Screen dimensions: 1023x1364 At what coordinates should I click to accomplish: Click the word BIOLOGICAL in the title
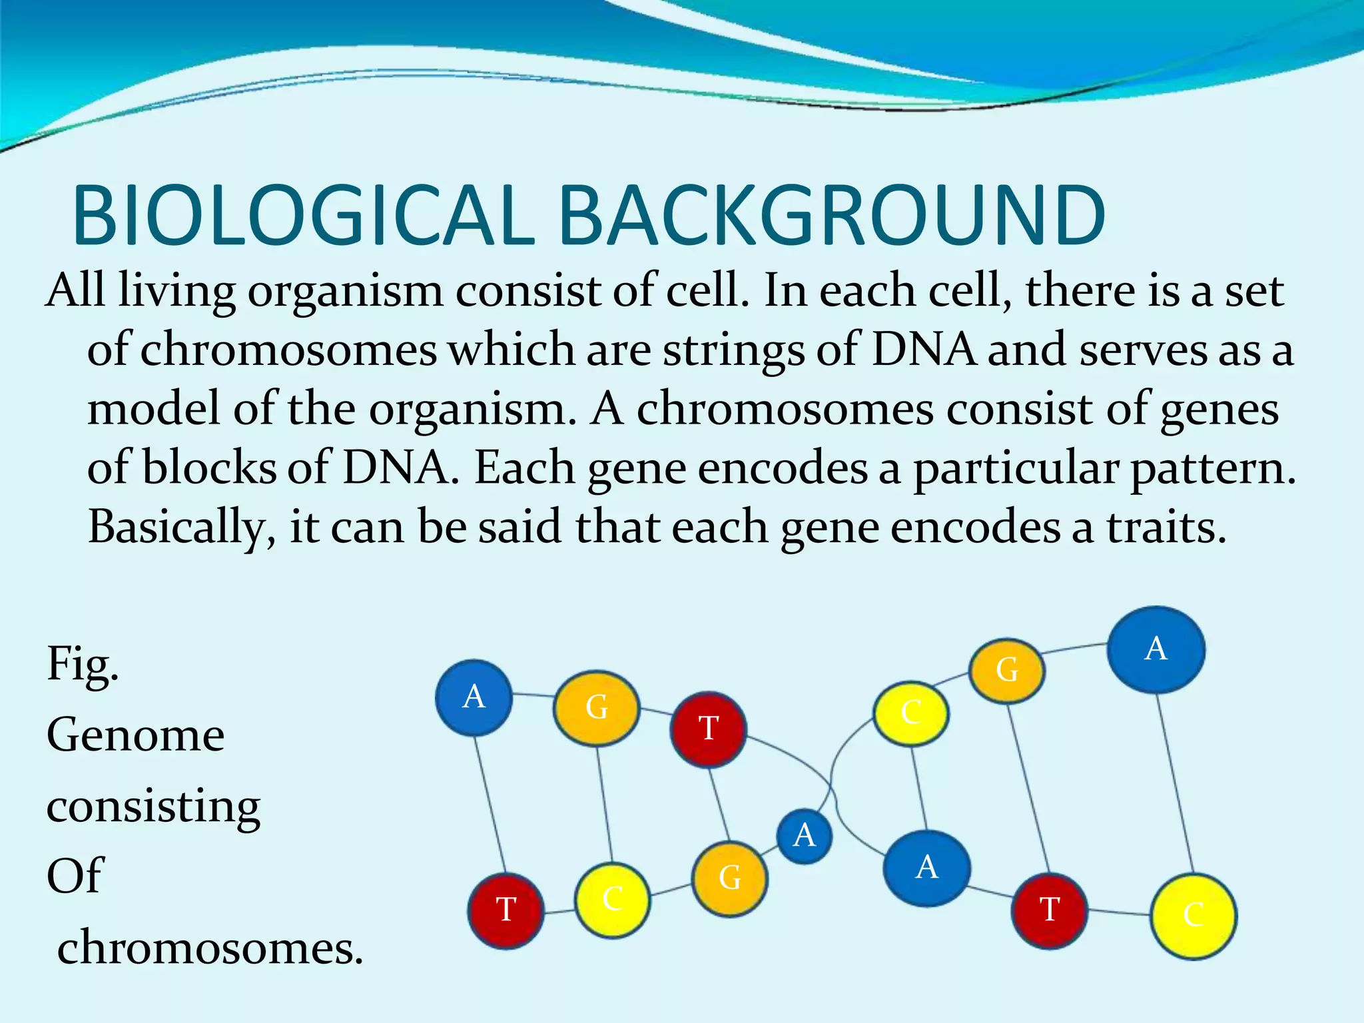(303, 214)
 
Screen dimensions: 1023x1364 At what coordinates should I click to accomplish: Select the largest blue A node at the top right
(1156, 649)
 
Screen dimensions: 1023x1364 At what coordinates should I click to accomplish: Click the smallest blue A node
(805, 836)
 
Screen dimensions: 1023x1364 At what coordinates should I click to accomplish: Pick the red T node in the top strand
(708, 729)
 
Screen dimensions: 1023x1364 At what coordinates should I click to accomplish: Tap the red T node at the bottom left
(506, 910)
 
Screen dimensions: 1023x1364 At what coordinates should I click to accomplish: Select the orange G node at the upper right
(1006, 671)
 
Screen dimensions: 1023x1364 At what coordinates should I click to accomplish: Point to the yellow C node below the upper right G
(910, 713)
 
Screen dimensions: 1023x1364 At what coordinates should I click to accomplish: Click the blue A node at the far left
(474, 697)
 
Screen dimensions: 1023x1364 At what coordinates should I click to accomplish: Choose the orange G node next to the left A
(596, 707)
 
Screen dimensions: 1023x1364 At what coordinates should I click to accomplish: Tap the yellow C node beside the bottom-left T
(612, 900)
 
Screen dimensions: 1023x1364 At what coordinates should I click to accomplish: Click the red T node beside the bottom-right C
(1049, 910)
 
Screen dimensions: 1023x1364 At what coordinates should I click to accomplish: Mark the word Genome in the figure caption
(136, 735)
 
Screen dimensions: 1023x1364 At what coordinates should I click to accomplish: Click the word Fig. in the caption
(83, 665)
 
